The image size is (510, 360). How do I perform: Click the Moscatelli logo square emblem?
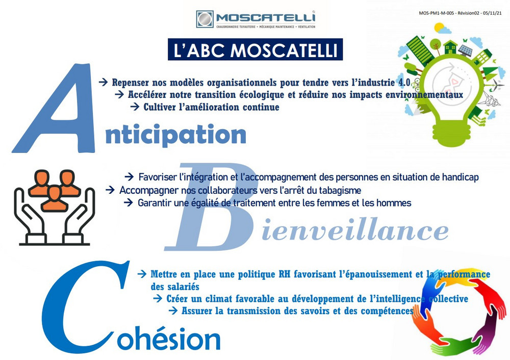205,19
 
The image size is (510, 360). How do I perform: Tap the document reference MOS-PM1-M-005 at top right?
436,13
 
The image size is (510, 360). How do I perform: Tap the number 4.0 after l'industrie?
404,82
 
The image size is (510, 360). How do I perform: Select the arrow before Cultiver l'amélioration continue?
135,107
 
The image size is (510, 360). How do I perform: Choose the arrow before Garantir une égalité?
129,202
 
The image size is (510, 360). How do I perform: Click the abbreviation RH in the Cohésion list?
285,274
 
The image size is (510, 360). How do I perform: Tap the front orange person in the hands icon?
55,198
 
